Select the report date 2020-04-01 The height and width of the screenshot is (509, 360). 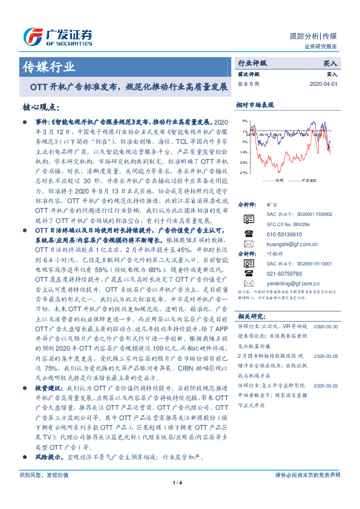[326, 84]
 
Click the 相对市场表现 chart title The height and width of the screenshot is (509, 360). [255, 105]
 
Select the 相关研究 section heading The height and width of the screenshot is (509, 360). [250, 316]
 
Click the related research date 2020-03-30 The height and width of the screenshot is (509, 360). [326, 326]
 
